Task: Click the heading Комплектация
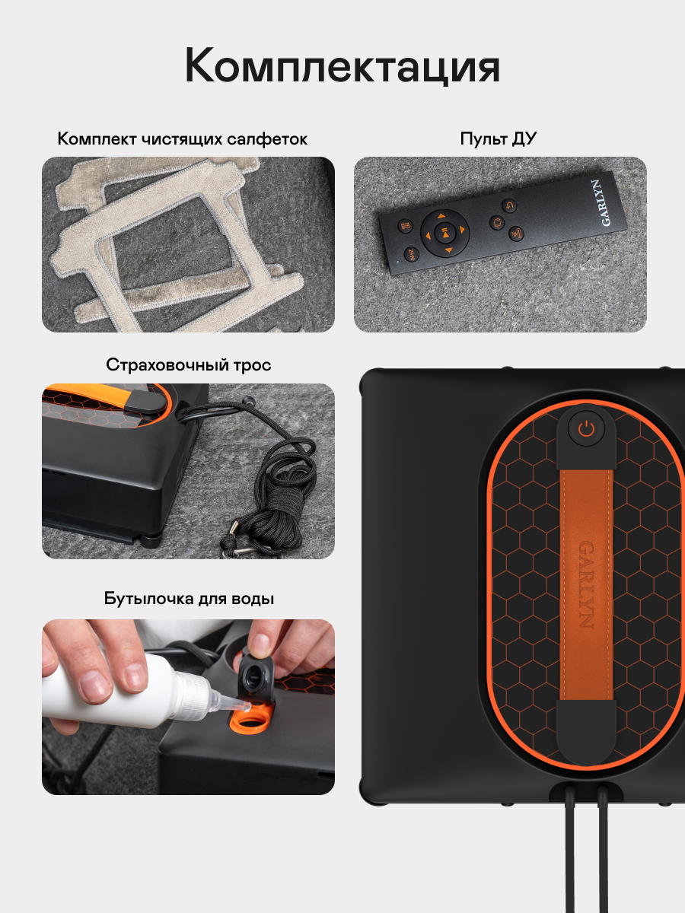point(342,66)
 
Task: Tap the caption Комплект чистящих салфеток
point(182,139)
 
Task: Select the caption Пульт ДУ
point(499,138)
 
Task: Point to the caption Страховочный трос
point(189,364)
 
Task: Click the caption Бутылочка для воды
point(189,599)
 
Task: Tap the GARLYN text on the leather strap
point(586,584)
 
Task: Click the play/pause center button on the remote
point(444,233)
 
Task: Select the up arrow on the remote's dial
point(441,216)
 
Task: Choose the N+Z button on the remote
point(411,254)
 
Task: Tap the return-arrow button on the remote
point(509,205)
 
